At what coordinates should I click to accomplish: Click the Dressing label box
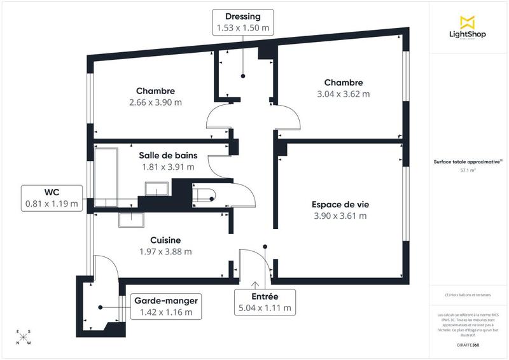[242, 22]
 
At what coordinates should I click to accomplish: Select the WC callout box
[52, 197]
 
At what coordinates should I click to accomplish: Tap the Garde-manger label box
[165, 307]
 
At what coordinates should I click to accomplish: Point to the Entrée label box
[265, 302]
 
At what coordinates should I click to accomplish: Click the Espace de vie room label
[340, 210]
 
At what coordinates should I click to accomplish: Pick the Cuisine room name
[165, 240]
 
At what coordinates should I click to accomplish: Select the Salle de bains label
[168, 155]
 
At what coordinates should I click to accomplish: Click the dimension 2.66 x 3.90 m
[155, 102]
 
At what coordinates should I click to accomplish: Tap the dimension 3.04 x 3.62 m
[344, 94]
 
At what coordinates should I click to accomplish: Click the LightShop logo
[468, 28]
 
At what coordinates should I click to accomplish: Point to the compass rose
[24, 337]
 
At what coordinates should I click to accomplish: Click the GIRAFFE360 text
[468, 345]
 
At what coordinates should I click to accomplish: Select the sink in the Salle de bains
[155, 189]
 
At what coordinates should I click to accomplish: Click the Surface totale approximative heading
[468, 162]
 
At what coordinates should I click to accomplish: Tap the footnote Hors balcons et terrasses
[468, 295]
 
